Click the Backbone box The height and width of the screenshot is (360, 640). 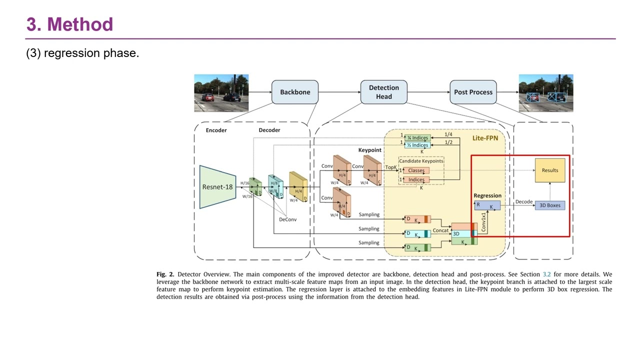(295, 92)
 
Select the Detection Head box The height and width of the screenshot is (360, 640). (384, 92)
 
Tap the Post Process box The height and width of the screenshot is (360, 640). (473, 92)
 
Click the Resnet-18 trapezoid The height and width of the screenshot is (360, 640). (217, 187)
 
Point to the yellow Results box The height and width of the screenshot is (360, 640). (550, 170)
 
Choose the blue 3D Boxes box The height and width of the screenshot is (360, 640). (550, 205)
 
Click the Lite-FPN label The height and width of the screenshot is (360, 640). (485, 138)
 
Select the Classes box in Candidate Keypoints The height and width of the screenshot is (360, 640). (416, 170)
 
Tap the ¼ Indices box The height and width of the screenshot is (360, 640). (417, 138)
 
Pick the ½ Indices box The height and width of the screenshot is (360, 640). (417, 145)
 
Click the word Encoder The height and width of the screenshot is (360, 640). (216, 130)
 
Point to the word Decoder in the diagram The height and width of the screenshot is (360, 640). (269, 130)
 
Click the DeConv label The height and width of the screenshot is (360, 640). (288, 219)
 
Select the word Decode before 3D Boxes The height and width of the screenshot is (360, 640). (524, 202)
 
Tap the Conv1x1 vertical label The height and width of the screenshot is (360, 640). (483, 222)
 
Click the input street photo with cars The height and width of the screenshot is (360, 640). (221, 93)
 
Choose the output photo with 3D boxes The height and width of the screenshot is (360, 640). (545, 93)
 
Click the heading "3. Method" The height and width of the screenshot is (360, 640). (69, 24)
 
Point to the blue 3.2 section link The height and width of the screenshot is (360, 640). (546, 274)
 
